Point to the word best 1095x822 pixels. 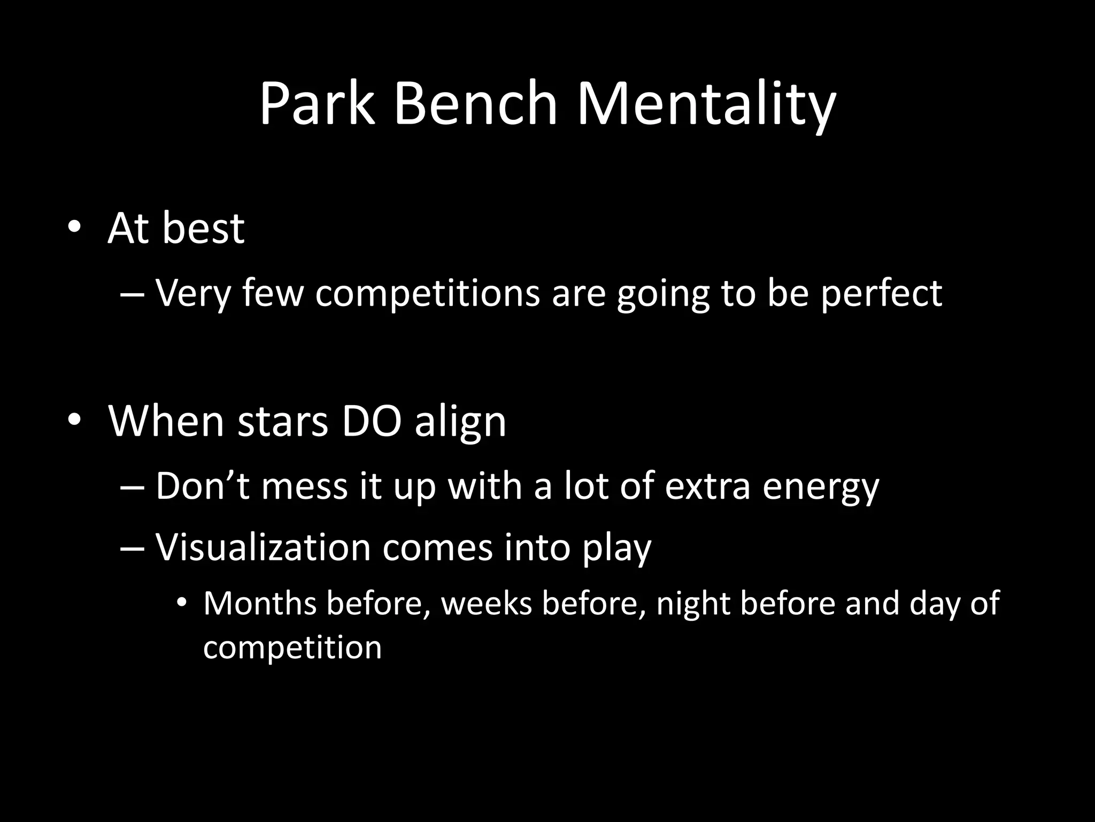coord(203,229)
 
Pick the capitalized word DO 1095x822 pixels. coord(371,421)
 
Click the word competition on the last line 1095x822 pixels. coord(292,648)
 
